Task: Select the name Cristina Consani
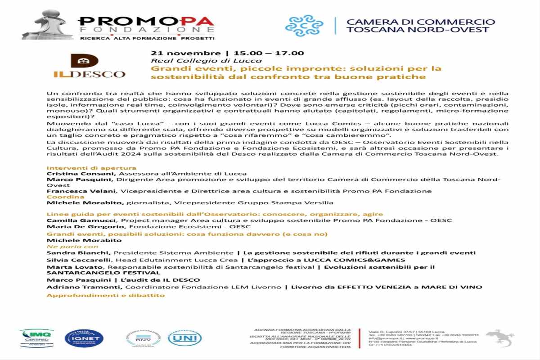tap(74, 174)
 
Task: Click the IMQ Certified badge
tap(36, 337)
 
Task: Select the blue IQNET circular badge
tap(84, 338)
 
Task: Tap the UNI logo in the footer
tap(184, 337)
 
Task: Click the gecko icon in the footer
tap(499, 337)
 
